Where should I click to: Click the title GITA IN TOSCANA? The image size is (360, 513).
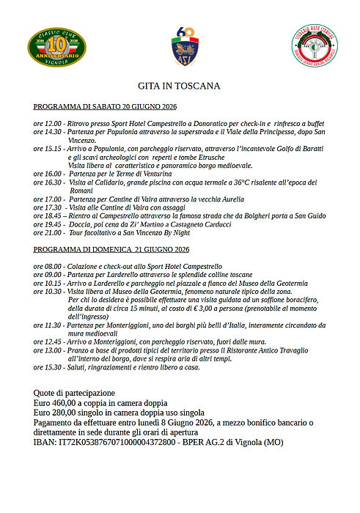point(179,86)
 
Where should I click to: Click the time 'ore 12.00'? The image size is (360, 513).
point(47,125)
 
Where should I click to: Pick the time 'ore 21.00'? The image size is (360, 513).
point(47,232)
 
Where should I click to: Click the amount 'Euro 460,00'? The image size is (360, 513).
point(58,404)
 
